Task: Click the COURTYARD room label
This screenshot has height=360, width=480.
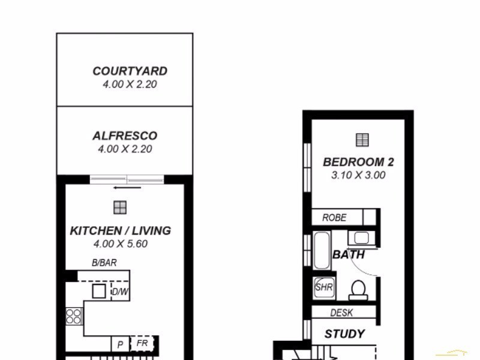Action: click(x=130, y=71)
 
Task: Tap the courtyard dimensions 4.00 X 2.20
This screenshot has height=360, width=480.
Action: click(x=130, y=85)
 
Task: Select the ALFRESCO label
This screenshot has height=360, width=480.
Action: click(x=125, y=136)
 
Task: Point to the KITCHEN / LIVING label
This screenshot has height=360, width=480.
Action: click(x=121, y=230)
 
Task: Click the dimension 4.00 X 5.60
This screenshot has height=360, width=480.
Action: click(x=121, y=244)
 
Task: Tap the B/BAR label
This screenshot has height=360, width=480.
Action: click(x=104, y=263)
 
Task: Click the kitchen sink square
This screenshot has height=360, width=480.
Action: click(x=99, y=292)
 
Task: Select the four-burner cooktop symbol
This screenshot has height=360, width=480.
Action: click(x=73, y=316)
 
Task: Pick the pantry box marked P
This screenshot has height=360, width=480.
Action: click(x=120, y=344)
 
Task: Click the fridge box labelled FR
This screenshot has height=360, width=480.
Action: click(x=142, y=344)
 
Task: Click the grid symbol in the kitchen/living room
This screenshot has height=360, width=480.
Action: click(x=120, y=208)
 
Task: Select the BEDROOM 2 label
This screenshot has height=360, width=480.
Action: click(x=358, y=162)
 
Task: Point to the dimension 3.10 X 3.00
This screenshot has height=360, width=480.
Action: click(x=358, y=176)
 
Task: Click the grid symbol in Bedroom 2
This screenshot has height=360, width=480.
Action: click(x=362, y=140)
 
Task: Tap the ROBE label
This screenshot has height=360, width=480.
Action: click(x=334, y=218)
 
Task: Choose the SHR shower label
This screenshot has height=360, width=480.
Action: click(x=324, y=287)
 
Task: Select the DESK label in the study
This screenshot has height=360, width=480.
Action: click(x=342, y=313)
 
